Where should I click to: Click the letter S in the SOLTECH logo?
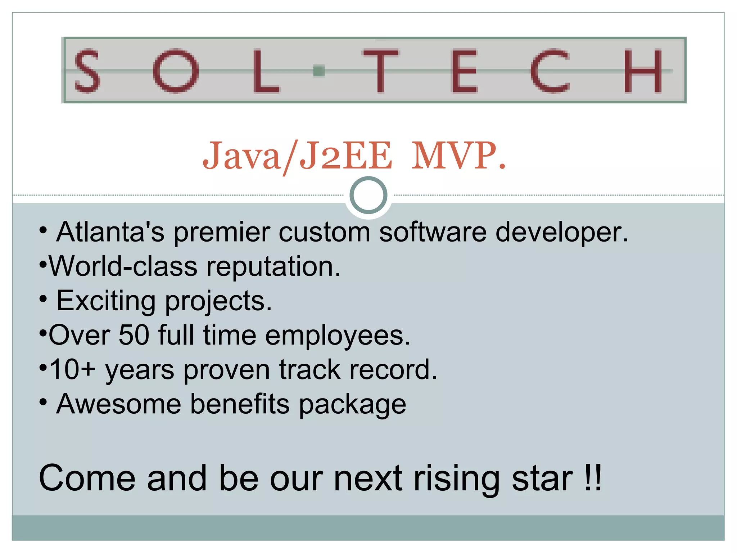click(87, 71)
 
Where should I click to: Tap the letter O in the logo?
click(175, 71)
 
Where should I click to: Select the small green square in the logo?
click(319, 71)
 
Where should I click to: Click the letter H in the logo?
click(643, 71)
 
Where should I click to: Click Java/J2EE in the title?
click(297, 156)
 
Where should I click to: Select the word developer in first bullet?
click(561, 232)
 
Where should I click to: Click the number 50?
click(134, 335)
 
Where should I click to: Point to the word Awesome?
click(119, 404)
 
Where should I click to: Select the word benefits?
click(240, 404)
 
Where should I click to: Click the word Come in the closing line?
click(87, 478)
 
